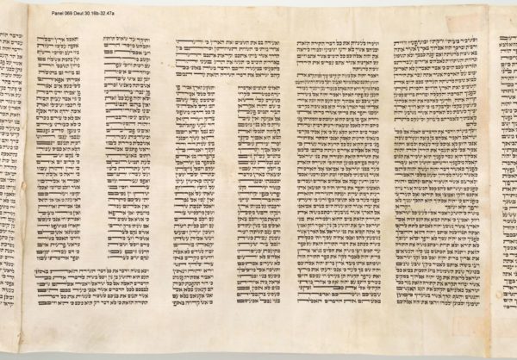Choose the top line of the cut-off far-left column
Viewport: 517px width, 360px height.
[x=9, y=40]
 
